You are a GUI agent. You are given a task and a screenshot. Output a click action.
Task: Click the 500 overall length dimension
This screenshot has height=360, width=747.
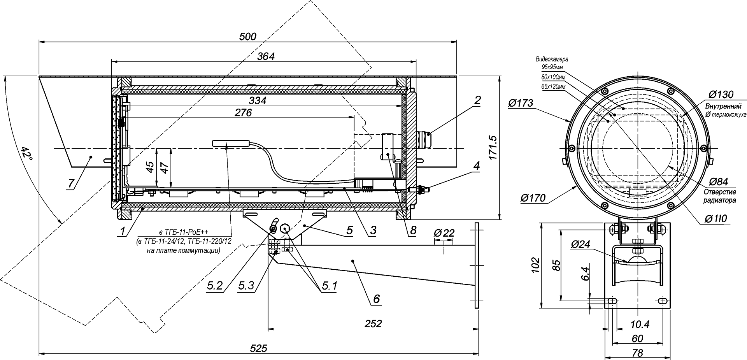coord(248,37)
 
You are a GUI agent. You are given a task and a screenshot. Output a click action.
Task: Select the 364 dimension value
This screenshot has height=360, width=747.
coord(266,56)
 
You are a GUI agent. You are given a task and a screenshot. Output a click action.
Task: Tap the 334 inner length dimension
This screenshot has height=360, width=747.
coord(258,101)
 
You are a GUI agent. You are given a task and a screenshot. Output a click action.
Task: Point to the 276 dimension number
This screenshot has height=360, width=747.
coord(244,113)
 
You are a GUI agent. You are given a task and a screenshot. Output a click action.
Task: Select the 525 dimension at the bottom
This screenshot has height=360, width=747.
coord(259,348)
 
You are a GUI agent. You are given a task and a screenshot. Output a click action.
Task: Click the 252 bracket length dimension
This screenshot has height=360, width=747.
coord(373,323)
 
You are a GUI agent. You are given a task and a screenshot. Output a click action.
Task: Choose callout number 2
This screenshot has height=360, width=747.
coord(477,100)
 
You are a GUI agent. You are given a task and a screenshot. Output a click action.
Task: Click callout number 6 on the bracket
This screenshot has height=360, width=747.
coord(376,299)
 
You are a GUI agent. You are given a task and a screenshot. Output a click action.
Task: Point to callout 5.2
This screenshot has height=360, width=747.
coord(214,286)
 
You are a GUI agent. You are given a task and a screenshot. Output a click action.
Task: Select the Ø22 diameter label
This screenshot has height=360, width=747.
coord(444,233)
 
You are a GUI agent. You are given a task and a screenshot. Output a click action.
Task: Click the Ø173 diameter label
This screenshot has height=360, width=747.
coord(521,103)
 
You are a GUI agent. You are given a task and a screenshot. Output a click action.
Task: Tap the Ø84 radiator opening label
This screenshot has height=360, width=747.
coord(718,182)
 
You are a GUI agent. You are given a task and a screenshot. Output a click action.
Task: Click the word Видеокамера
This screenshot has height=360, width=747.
coord(552,60)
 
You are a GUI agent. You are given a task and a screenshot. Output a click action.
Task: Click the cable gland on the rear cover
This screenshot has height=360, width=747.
coord(424,139)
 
